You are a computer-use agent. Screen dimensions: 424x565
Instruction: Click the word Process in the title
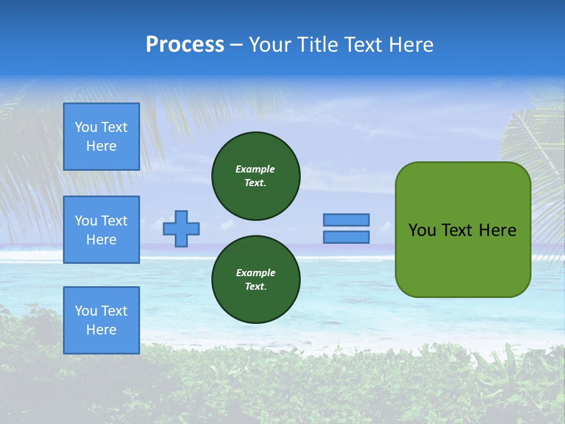[x=185, y=45]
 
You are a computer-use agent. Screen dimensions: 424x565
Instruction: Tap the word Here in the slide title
[x=410, y=45]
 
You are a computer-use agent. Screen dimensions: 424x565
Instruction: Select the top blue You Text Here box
[x=101, y=137]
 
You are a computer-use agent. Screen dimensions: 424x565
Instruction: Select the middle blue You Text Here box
[x=101, y=230]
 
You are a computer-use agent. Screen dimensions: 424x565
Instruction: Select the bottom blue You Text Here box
[x=101, y=320]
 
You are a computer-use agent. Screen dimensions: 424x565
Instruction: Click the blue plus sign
[x=181, y=228]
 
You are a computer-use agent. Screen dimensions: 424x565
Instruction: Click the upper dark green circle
[x=256, y=176]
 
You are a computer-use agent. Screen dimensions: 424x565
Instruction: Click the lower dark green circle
[x=256, y=280]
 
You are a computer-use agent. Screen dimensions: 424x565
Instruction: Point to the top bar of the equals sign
[x=346, y=220]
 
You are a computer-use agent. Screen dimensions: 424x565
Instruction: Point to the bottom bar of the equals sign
[x=346, y=237]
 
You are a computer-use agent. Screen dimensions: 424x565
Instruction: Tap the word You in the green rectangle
[x=422, y=230]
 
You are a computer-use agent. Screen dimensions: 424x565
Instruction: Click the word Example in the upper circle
[x=255, y=169]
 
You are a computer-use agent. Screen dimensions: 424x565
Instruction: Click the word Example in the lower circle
[x=255, y=273]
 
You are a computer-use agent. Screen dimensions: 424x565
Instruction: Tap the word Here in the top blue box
[x=101, y=146]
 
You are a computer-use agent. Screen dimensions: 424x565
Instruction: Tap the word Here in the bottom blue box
[x=101, y=330]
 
